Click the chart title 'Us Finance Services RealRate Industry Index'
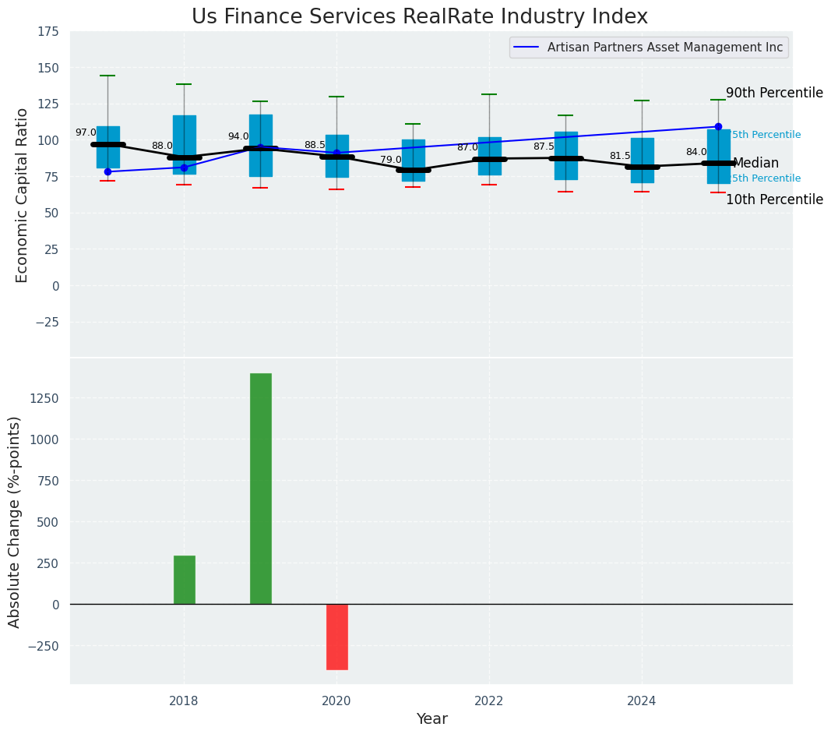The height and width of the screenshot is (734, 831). click(419, 17)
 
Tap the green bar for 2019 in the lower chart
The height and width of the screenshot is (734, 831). click(260, 489)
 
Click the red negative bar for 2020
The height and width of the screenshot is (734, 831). click(336, 637)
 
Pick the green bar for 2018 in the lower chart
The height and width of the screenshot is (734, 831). click(184, 580)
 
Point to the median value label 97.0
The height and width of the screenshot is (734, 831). click(86, 132)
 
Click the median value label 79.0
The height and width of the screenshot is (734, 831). click(391, 160)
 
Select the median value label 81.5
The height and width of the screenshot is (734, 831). click(620, 156)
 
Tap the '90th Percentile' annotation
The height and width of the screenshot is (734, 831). click(774, 94)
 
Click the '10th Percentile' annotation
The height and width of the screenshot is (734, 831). click(774, 200)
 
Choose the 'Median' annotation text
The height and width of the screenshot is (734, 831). click(755, 164)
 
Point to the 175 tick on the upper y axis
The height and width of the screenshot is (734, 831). click(48, 32)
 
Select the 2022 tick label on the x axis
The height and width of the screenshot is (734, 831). click(489, 700)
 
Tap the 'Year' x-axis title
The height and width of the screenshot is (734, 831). click(431, 719)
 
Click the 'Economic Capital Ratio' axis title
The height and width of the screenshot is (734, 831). click(22, 195)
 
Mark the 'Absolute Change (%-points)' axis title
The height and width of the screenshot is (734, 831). click(14, 521)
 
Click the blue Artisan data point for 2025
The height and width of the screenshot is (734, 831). click(718, 126)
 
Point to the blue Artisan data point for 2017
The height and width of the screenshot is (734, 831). click(107, 171)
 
